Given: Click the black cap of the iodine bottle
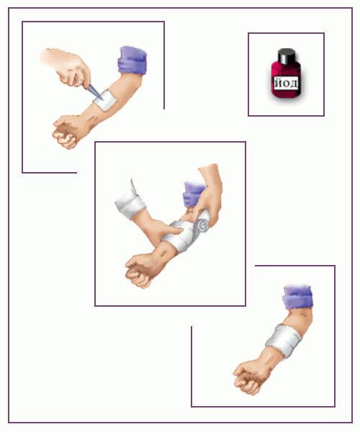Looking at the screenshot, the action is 287,55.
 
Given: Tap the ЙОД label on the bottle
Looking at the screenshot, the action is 286,84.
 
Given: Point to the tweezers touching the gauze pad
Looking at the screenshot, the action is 92,89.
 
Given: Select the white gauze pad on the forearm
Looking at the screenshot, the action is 104,100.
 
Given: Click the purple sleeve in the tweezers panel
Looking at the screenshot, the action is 132,60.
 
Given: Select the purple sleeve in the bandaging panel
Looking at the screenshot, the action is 193,193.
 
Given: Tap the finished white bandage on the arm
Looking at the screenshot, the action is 284,341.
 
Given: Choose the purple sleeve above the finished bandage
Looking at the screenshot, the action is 298,297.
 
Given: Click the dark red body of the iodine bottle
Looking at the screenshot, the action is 286,80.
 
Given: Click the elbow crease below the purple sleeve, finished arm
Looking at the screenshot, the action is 301,313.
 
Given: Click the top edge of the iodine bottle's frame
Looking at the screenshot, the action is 286,33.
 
